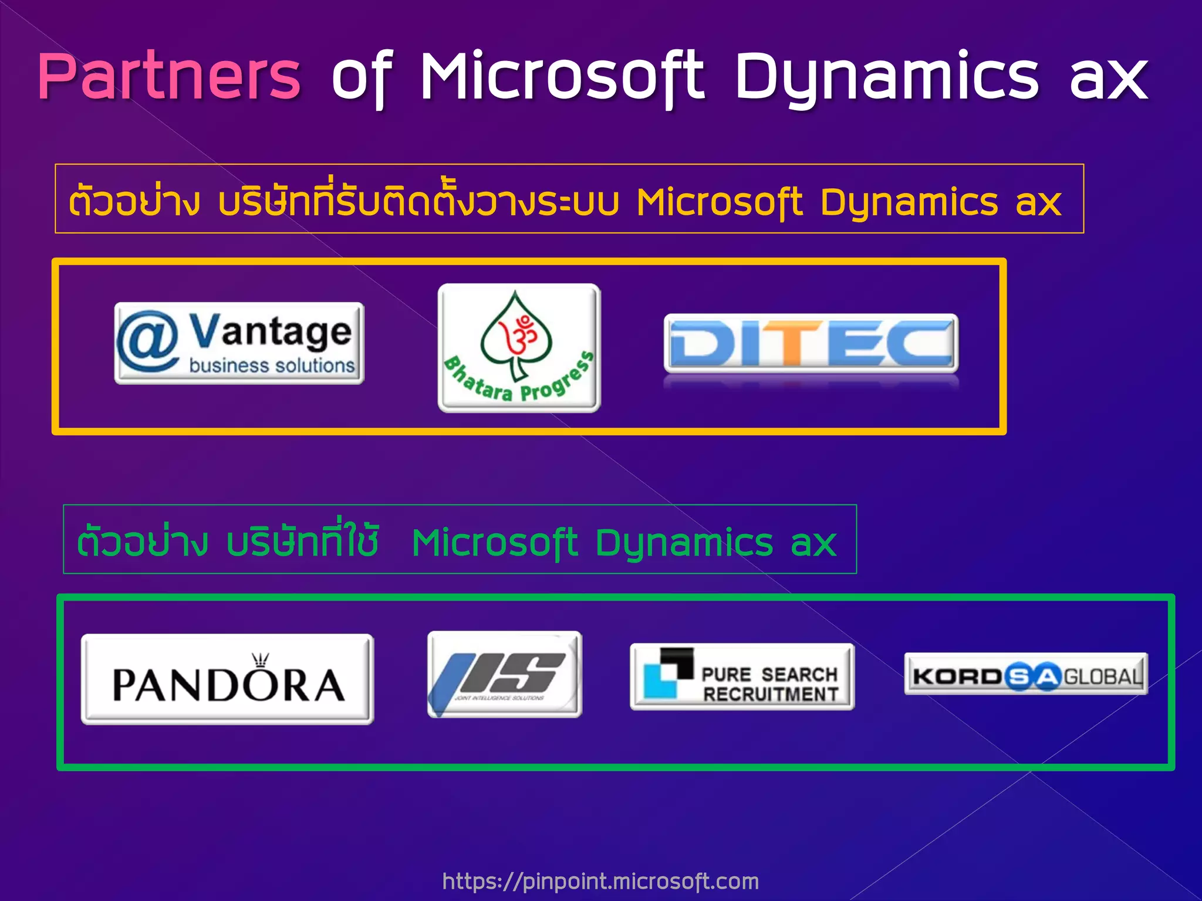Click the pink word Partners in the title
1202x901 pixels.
(169, 76)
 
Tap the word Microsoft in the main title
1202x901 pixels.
(562, 76)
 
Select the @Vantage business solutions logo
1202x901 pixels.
(239, 343)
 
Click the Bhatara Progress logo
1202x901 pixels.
(519, 348)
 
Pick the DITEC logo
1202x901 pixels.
(811, 344)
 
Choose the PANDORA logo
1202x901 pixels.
(227, 679)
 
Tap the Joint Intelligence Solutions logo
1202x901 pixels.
(505, 674)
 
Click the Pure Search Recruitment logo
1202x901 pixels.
(742, 676)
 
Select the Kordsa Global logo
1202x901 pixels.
(1025, 675)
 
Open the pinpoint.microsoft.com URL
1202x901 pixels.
(600, 881)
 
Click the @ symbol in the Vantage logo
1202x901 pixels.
(147, 342)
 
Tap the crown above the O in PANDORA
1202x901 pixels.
(260, 661)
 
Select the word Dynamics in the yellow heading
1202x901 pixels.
(909, 202)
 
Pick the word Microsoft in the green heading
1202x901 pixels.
(495, 543)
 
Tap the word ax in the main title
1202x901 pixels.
(1108, 77)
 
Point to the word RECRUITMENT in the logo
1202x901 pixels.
(771, 695)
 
